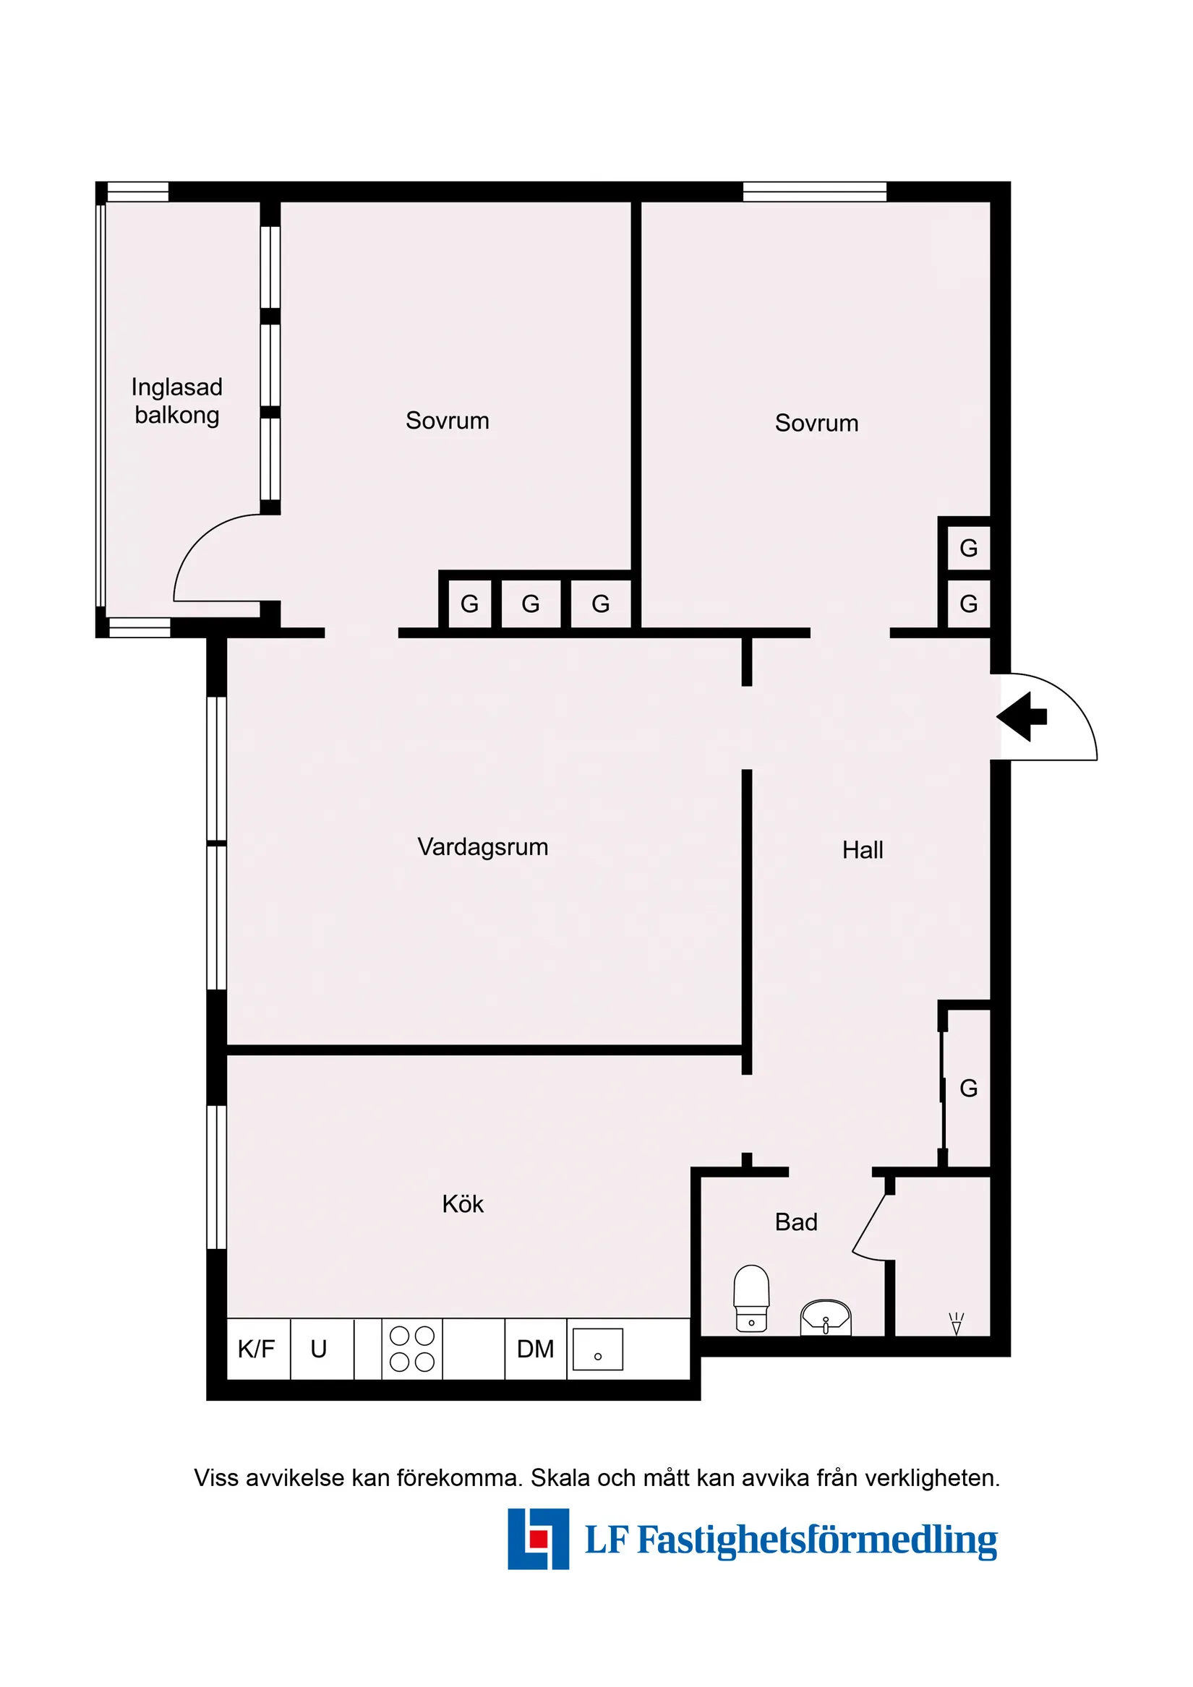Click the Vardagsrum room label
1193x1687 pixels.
[482, 847]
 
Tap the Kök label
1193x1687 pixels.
[462, 1204]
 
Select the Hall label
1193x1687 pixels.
[863, 850]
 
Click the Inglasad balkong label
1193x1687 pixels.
[176, 401]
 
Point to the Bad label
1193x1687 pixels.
[796, 1222]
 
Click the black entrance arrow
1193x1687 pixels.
[1022, 716]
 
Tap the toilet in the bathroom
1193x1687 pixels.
[751, 1298]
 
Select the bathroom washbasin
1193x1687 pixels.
[826, 1318]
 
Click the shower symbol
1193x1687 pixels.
[956, 1323]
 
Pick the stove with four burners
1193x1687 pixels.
[411, 1348]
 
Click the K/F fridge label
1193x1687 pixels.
[256, 1349]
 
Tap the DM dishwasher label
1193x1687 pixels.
[535, 1349]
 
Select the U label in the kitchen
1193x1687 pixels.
[318, 1349]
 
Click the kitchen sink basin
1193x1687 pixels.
[598, 1349]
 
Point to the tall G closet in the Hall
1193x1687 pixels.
[968, 1089]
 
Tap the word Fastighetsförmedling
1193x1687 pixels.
[816, 1541]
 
